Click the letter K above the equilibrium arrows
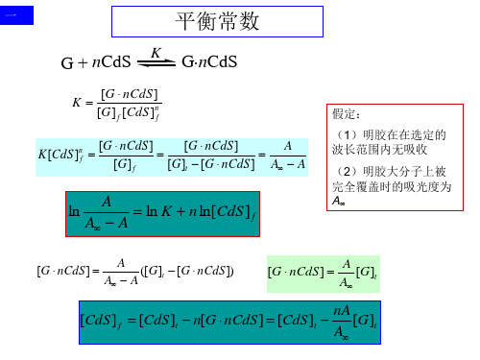click(155, 54)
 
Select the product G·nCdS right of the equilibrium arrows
click(209, 64)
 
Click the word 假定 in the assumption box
click(343, 113)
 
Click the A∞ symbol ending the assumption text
click(338, 202)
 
